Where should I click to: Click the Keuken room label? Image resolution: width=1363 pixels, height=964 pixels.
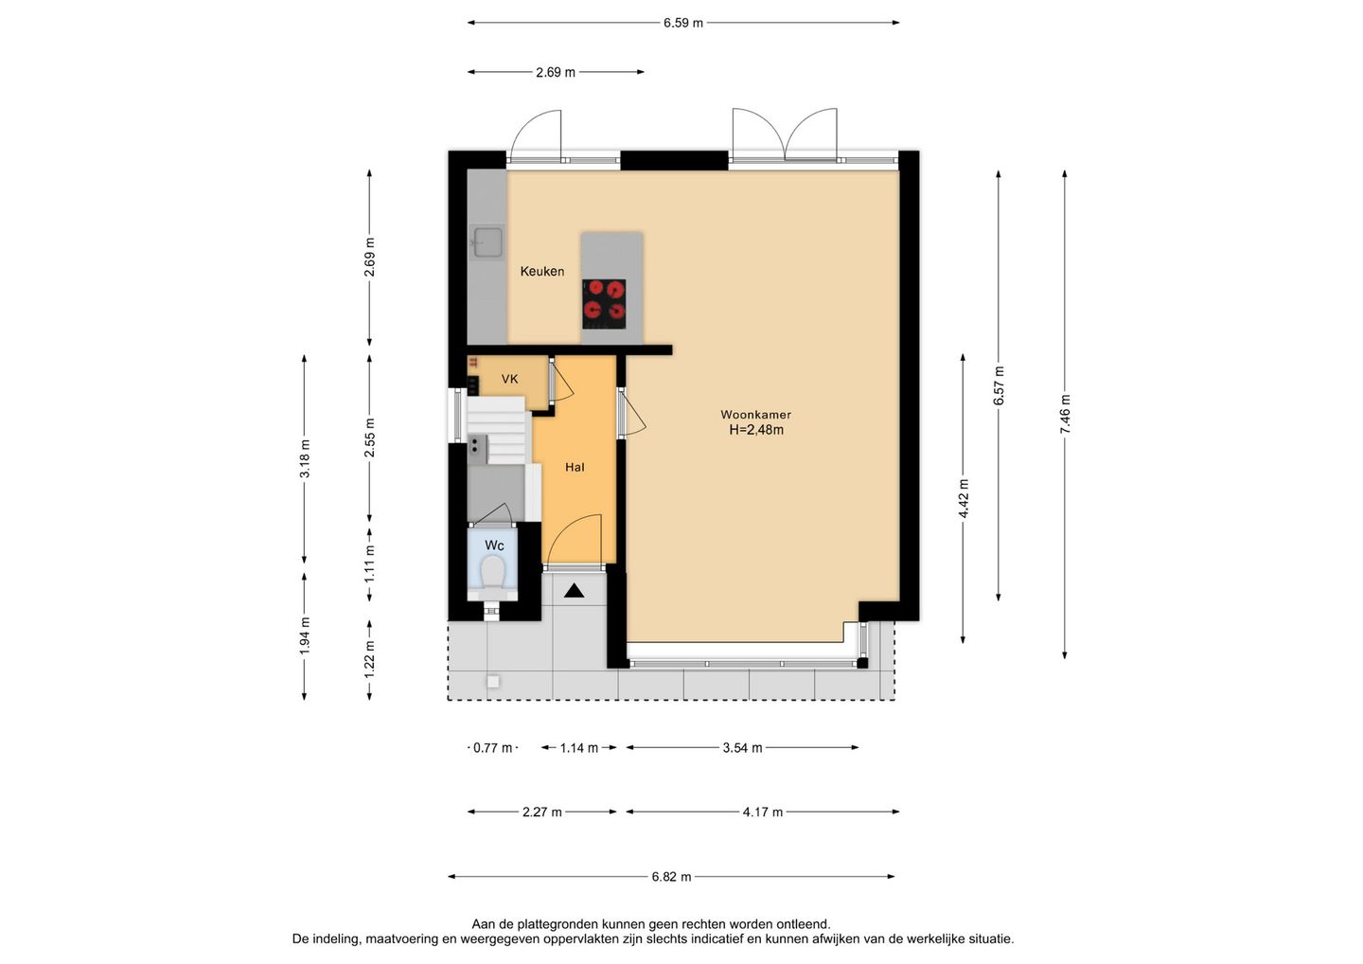pyautogui.click(x=541, y=272)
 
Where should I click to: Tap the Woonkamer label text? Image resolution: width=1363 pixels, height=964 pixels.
pyautogui.click(x=755, y=415)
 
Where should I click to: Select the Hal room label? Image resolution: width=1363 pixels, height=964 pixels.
pyautogui.click(x=575, y=468)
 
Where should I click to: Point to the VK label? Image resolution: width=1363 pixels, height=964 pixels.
pyautogui.click(x=509, y=379)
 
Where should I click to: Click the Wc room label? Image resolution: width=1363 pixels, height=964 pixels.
pyautogui.click(x=494, y=545)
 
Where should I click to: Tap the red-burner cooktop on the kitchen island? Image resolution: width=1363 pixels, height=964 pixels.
pyautogui.click(x=604, y=304)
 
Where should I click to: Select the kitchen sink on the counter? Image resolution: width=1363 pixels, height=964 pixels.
pyautogui.click(x=488, y=242)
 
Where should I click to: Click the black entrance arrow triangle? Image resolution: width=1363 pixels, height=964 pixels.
pyautogui.click(x=574, y=591)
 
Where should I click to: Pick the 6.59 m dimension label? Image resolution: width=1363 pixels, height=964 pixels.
pyautogui.click(x=682, y=23)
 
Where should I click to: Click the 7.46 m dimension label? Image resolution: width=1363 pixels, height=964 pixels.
pyautogui.click(x=1065, y=415)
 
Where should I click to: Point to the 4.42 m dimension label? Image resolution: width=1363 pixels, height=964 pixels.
pyautogui.click(x=964, y=498)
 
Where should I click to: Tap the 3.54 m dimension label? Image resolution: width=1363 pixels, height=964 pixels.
pyautogui.click(x=742, y=748)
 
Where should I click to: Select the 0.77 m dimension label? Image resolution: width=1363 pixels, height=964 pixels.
pyautogui.click(x=493, y=748)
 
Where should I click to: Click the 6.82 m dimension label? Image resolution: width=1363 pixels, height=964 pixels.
pyautogui.click(x=671, y=877)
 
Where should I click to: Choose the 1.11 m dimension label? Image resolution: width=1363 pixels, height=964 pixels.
pyautogui.click(x=369, y=562)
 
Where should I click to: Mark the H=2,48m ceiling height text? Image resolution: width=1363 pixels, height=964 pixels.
pyautogui.click(x=756, y=430)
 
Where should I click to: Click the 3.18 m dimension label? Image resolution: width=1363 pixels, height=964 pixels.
pyautogui.click(x=305, y=458)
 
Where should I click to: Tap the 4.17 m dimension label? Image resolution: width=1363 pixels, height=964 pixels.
pyautogui.click(x=763, y=812)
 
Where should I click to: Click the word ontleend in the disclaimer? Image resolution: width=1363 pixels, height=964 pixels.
pyautogui.click(x=805, y=925)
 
